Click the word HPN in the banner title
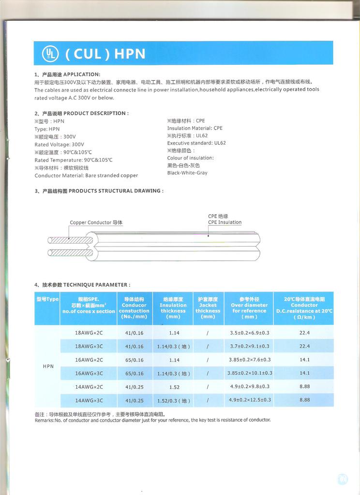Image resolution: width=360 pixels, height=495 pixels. [x=130, y=54]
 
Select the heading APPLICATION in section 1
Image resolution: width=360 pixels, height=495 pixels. [x=82, y=74]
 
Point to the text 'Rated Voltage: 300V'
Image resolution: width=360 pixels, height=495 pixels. [x=59, y=145]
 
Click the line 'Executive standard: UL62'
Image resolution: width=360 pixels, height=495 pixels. [x=196, y=143]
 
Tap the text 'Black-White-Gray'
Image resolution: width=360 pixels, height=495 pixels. [x=187, y=173]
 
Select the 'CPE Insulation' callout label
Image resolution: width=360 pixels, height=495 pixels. [x=225, y=222]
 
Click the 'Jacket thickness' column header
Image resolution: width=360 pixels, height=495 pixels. [x=208, y=308]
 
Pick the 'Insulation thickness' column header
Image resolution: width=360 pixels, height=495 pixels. [x=173, y=308]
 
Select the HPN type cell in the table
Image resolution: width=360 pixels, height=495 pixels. [x=48, y=366]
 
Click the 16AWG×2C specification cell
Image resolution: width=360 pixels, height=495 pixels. [x=89, y=360]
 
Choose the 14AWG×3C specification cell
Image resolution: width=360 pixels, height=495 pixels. [x=89, y=401]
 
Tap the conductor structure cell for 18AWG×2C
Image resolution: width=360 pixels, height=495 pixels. [x=134, y=333]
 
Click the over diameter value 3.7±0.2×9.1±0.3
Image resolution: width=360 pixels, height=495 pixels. [x=249, y=347]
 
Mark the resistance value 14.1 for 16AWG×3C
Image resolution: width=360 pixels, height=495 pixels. [x=304, y=373]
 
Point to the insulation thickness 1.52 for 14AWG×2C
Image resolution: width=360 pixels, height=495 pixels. [x=174, y=387]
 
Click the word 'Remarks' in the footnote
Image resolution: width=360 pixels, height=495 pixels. [x=44, y=421]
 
